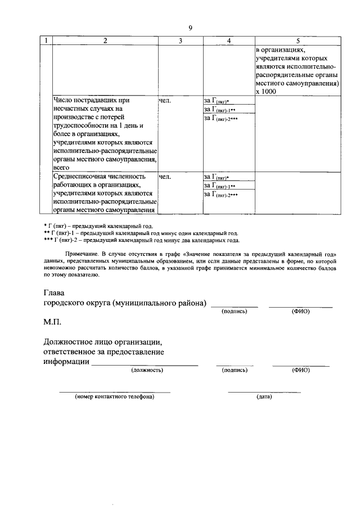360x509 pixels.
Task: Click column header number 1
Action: pyautogui.click(x=45, y=40)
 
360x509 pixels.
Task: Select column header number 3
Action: pyautogui.click(x=180, y=40)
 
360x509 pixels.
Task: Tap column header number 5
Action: pyautogui.click(x=298, y=40)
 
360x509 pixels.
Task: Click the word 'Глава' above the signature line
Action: pyautogui.click(x=54, y=293)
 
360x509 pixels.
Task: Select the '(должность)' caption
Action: pyautogui.click(x=147, y=371)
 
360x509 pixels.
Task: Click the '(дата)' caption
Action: pyautogui.click(x=264, y=397)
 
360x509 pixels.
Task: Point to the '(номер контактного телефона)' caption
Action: pyautogui.click(x=115, y=397)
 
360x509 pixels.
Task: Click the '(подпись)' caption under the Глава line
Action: pyautogui.click(x=235, y=311)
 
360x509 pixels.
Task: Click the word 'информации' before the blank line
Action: pyautogui.click(x=66, y=362)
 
